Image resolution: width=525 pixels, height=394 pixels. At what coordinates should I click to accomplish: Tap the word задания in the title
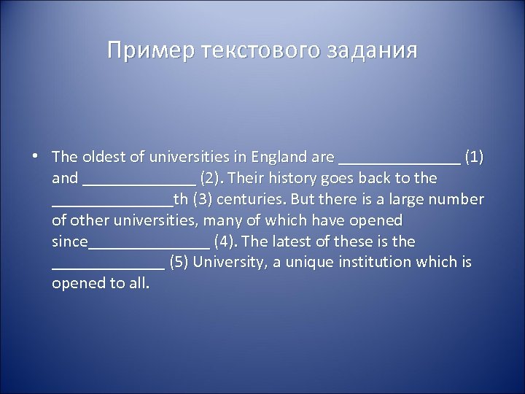click(376, 51)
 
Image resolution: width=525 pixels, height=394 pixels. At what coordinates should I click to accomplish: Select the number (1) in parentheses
click(474, 156)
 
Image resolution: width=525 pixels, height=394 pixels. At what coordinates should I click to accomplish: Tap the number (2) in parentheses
click(213, 177)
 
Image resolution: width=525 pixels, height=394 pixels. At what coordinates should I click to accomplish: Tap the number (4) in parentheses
click(224, 241)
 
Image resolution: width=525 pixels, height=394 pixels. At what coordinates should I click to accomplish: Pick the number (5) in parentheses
click(179, 262)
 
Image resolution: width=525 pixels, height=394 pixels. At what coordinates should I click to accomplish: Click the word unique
click(309, 262)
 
